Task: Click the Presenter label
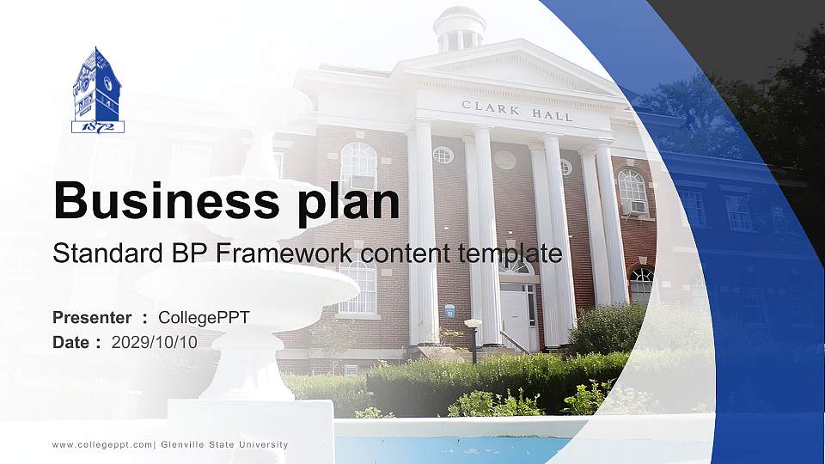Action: tap(92, 318)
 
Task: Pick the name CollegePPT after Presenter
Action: tap(204, 318)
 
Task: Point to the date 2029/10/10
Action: tap(155, 342)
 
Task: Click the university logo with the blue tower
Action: tap(97, 90)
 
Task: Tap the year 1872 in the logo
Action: tap(97, 127)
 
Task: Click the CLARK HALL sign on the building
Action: tap(516, 111)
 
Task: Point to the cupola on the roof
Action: tap(460, 29)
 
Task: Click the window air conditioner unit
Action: tap(634, 207)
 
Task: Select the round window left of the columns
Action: tap(443, 156)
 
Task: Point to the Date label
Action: tap(72, 342)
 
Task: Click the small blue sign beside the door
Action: tap(449, 311)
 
